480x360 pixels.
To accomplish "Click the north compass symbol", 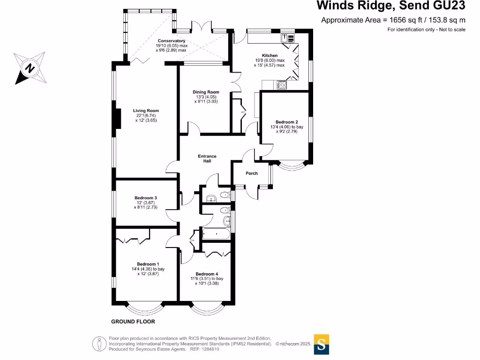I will tap(30, 68).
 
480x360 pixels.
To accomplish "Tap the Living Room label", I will tap(146, 111).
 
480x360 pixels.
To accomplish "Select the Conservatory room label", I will tap(172, 41).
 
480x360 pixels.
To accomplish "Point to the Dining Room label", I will tap(206, 92).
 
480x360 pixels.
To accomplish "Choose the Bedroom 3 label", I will tap(146, 197).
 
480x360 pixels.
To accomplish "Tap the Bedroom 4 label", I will tap(207, 274).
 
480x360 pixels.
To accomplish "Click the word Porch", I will tap(252, 173).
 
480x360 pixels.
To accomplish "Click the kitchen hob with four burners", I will tap(283, 85).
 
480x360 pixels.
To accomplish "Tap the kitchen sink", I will tap(287, 38).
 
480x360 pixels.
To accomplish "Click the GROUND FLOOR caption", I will tap(133, 322).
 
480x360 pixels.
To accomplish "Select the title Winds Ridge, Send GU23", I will tap(391, 6).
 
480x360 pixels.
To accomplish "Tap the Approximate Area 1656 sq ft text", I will tap(393, 20).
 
